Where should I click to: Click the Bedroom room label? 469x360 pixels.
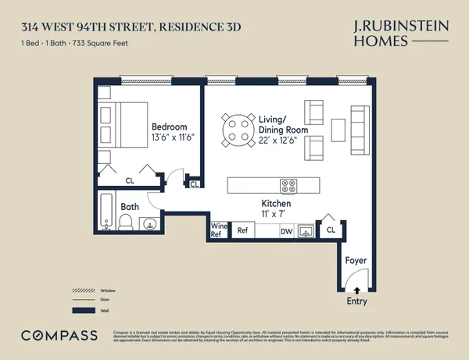[x=169, y=127]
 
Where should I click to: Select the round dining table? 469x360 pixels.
[x=238, y=129]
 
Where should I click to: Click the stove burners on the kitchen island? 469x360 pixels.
[x=288, y=186]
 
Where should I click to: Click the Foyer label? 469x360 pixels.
[x=356, y=260]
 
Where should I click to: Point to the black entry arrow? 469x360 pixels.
[x=347, y=290]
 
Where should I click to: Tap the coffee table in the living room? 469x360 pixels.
[x=338, y=129]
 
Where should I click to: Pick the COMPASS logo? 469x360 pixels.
[x=59, y=335]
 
